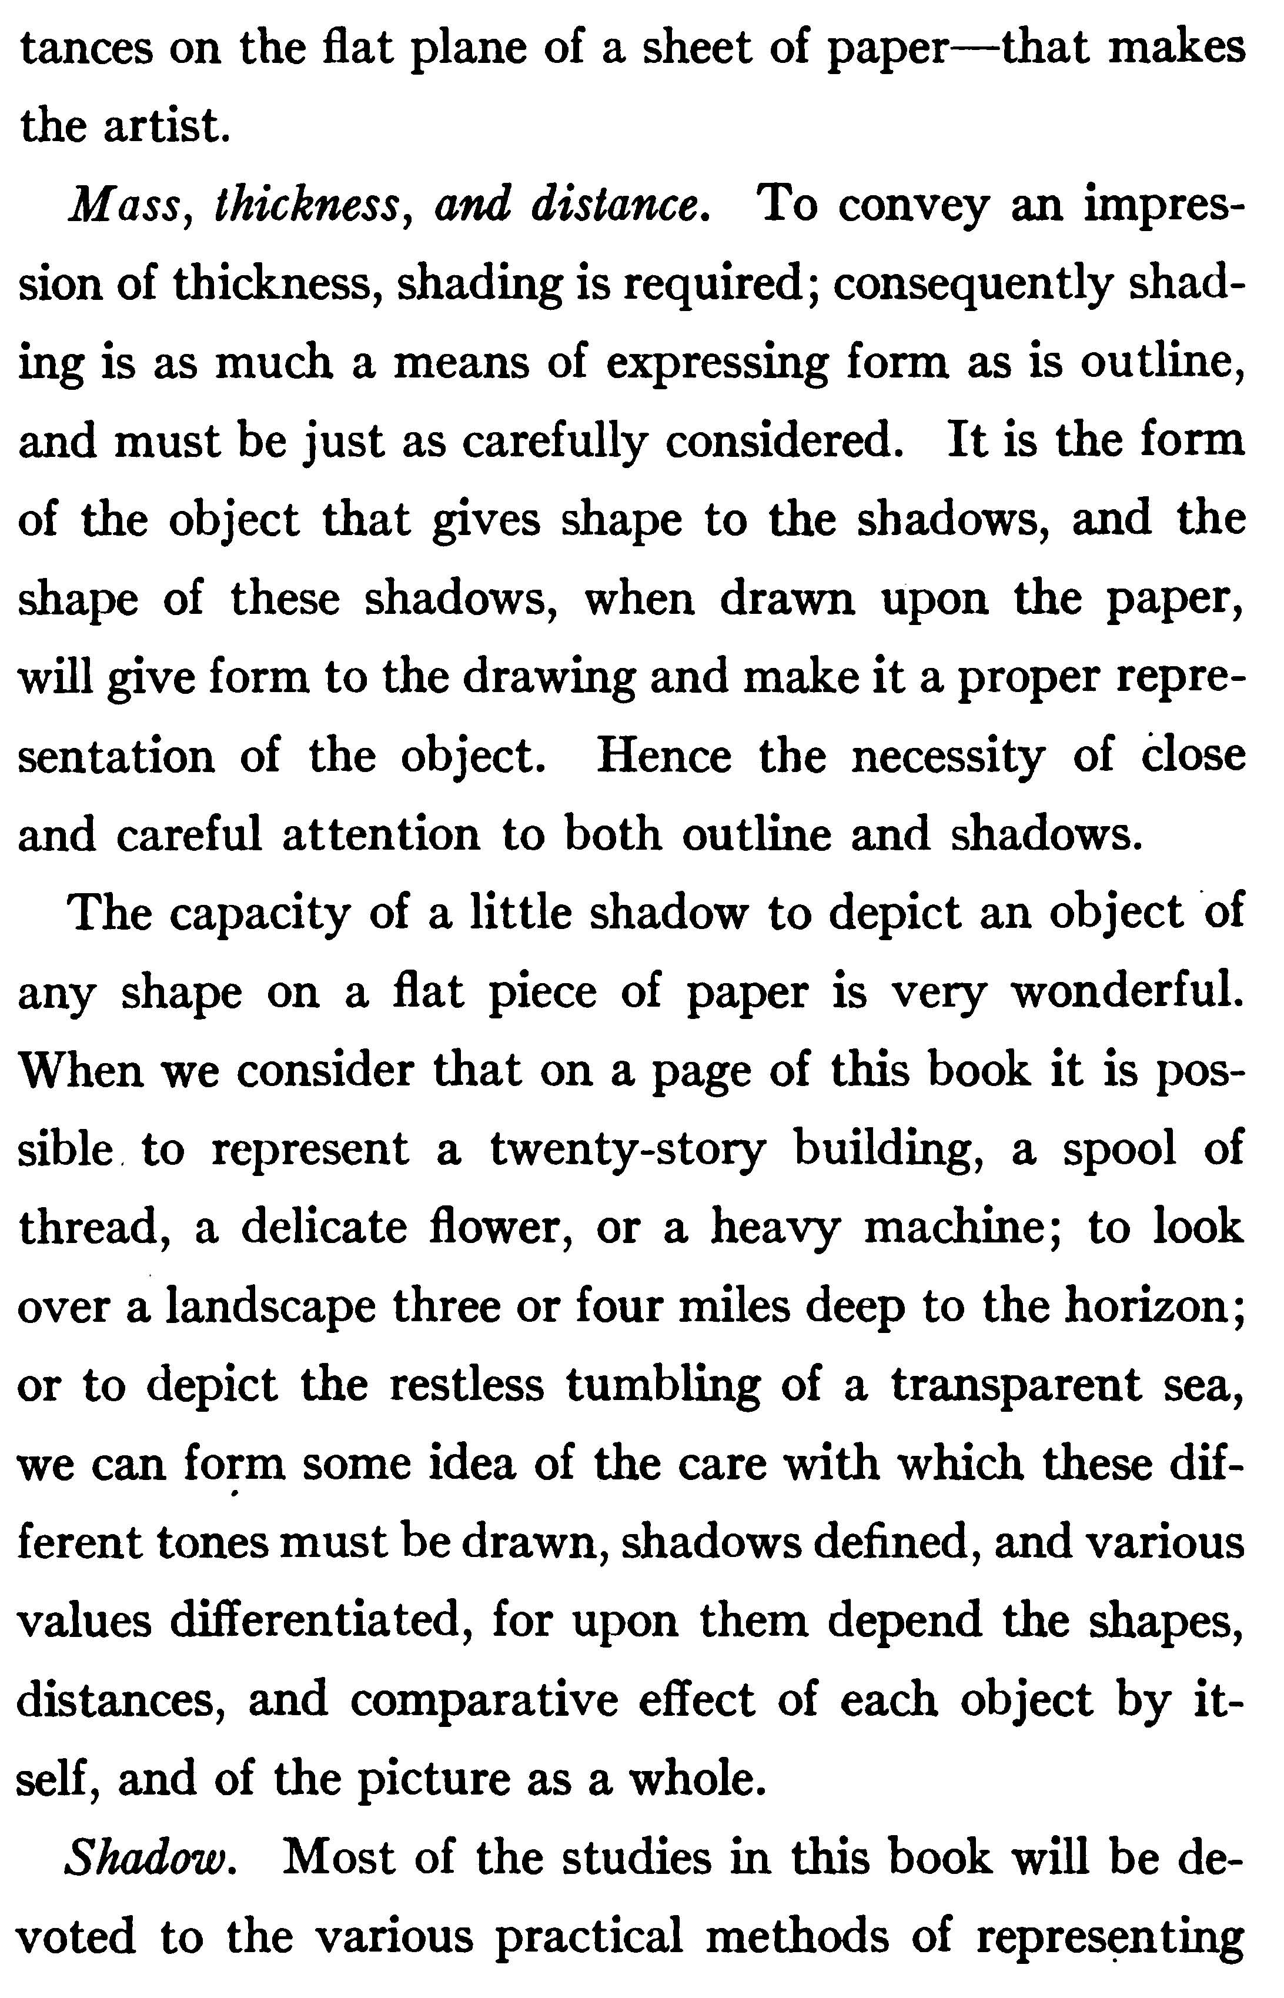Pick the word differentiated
point(316,1623)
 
